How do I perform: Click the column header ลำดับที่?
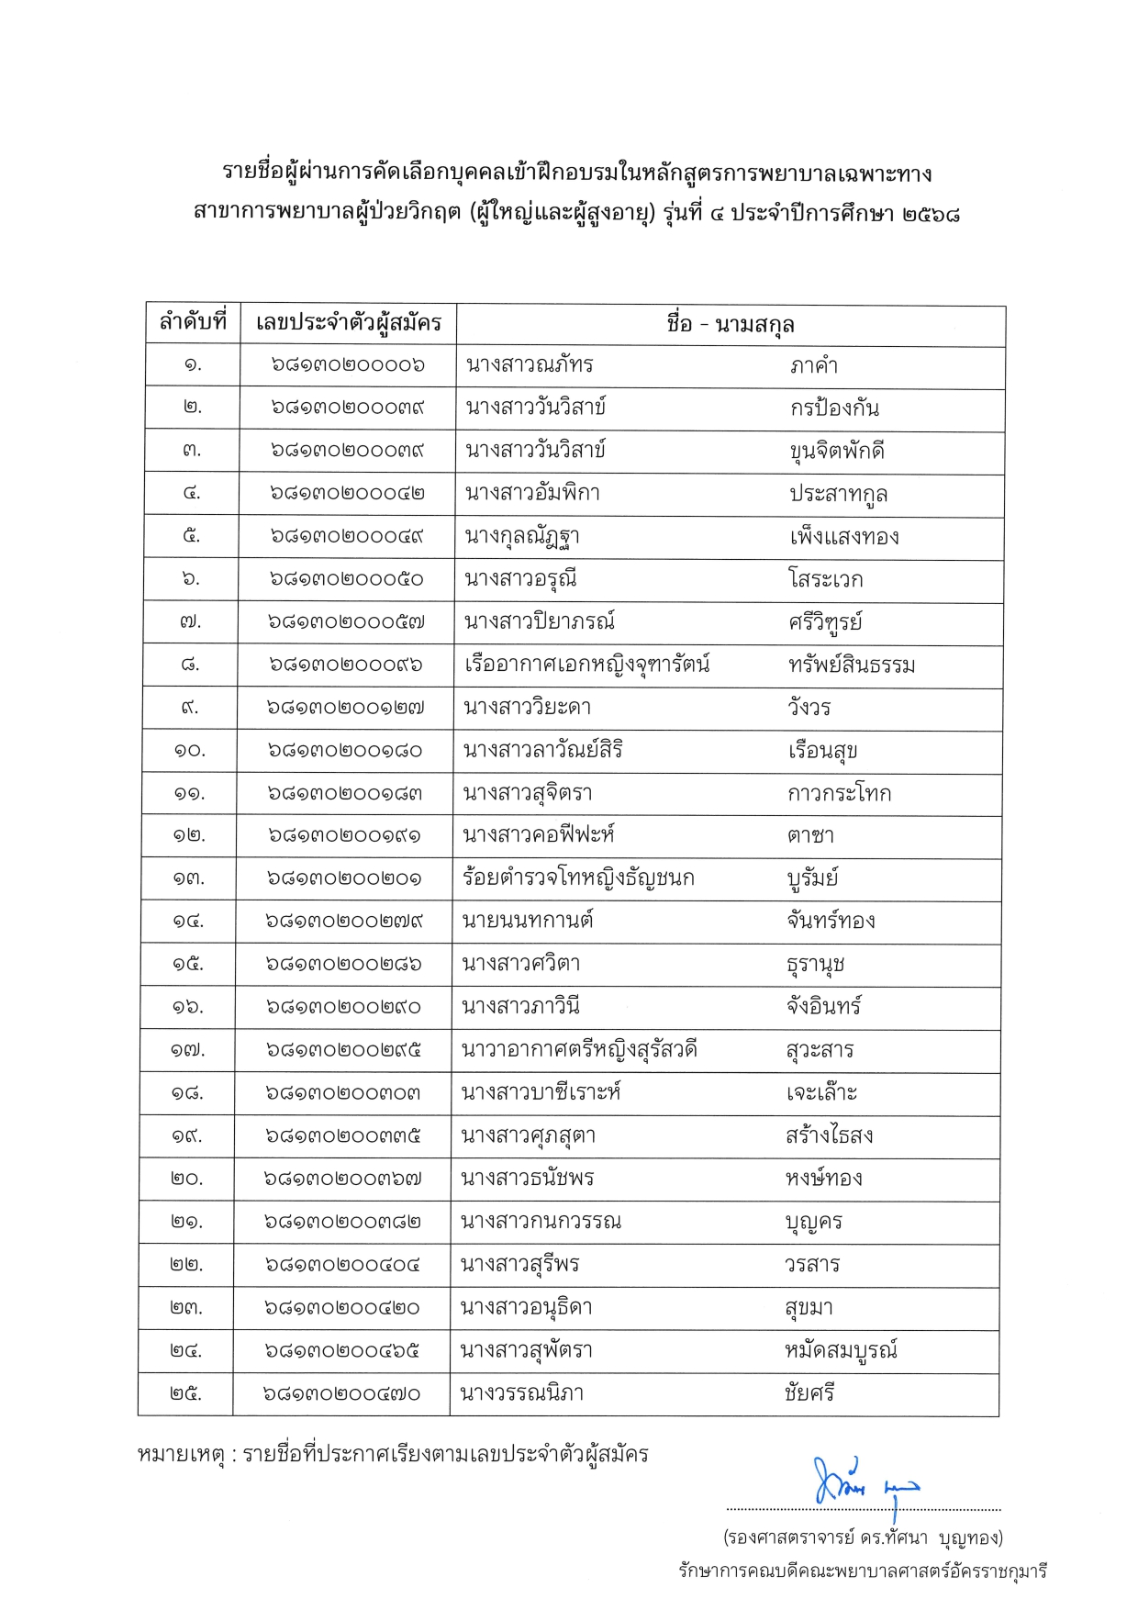[x=193, y=323]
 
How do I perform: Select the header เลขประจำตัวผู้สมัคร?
[x=349, y=323]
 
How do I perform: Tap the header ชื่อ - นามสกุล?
[x=731, y=324]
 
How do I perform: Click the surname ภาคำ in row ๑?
[x=814, y=365]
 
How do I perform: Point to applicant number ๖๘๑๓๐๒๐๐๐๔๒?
[x=347, y=494]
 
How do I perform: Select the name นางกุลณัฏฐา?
[x=522, y=536]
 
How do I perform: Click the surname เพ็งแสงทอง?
[x=844, y=536]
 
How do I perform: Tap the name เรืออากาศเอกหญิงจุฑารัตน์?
[x=587, y=665]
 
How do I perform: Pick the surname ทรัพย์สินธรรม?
[x=852, y=665]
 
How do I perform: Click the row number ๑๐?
[x=190, y=751]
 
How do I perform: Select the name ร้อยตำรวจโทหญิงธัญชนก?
[x=579, y=878]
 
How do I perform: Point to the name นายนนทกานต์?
[x=529, y=921]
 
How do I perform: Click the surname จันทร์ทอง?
[x=831, y=921]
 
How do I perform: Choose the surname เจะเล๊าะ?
[x=821, y=1092]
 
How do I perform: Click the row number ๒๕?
[x=186, y=1393]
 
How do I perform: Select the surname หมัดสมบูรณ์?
[x=841, y=1350]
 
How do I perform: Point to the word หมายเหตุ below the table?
[x=181, y=1455]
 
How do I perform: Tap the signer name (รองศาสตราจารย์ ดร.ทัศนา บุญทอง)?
[x=863, y=1537]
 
